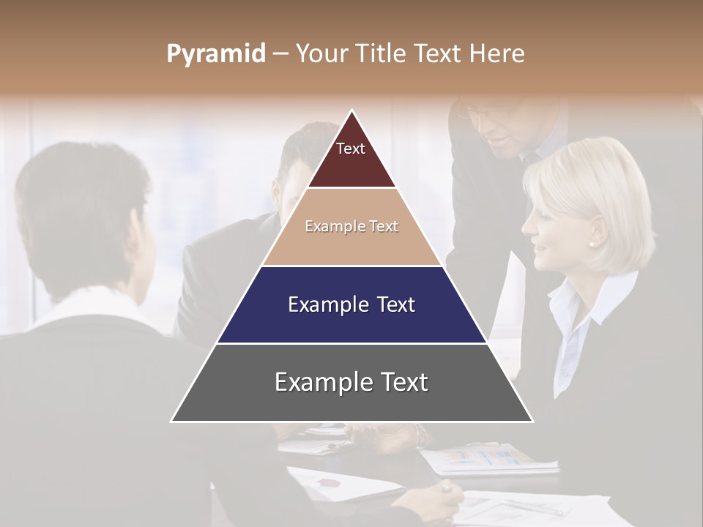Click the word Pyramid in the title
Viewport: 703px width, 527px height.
[216, 54]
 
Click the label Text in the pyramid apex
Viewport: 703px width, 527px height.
[351, 149]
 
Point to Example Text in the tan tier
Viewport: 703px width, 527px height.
[351, 227]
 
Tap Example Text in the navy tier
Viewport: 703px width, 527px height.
[351, 304]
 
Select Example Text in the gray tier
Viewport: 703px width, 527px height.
[351, 382]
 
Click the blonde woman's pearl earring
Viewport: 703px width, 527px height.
[592, 243]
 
